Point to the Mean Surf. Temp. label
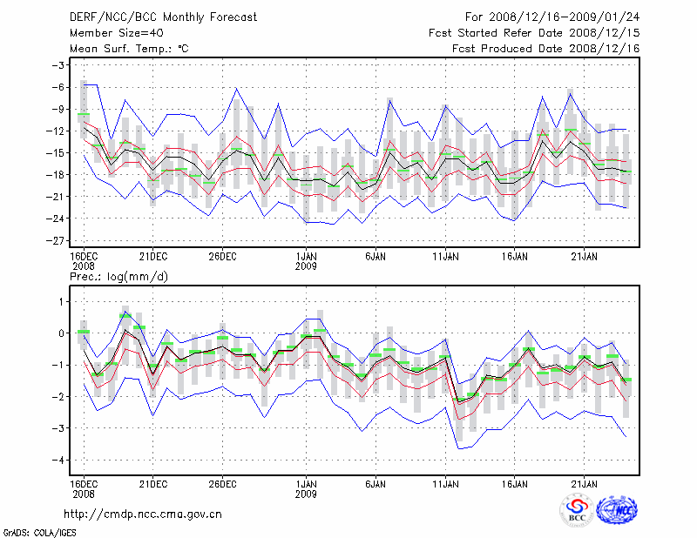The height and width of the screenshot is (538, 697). pyautogui.click(x=129, y=49)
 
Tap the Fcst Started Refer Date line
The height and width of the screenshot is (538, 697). pyautogui.click(x=534, y=33)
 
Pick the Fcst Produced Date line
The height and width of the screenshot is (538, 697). pyautogui.click(x=546, y=49)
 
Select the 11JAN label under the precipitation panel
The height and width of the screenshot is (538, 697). pyautogui.click(x=445, y=481)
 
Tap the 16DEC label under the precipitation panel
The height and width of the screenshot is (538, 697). pyautogui.click(x=83, y=481)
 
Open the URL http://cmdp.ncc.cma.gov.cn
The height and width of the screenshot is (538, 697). pyautogui.click(x=143, y=514)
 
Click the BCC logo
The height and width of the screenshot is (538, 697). pyautogui.click(x=577, y=510)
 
